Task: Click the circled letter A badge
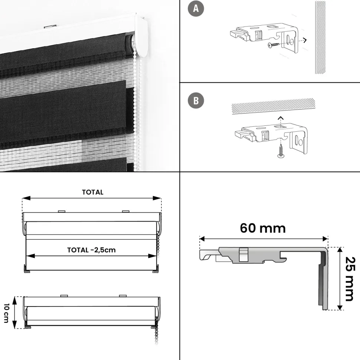(x=196, y=9)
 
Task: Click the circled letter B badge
(x=196, y=101)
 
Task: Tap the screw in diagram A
(x=273, y=45)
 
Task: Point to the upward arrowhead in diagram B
(x=280, y=118)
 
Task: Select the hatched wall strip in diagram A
(x=320, y=37)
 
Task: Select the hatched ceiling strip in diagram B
(x=273, y=106)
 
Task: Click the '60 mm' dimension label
(x=263, y=228)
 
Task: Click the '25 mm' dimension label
(x=350, y=279)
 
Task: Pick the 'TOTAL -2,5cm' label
(x=91, y=250)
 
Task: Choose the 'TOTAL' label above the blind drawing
(x=93, y=192)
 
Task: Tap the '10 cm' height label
(x=6, y=313)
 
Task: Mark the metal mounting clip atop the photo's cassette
(x=50, y=26)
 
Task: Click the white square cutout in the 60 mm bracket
(x=244, y=255)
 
